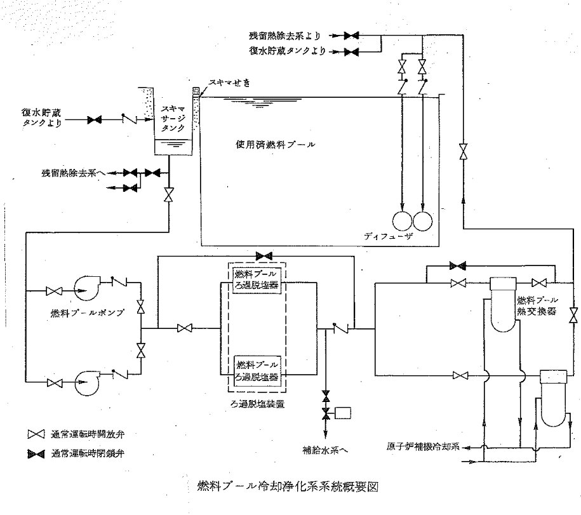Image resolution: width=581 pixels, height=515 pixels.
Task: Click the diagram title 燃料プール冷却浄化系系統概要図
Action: click(288, 487)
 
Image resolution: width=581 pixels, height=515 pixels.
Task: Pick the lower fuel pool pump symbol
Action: click(87, 382)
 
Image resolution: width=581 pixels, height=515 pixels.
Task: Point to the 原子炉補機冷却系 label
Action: click(424, 444)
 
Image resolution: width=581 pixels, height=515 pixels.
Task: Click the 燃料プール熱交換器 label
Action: click(537, 305)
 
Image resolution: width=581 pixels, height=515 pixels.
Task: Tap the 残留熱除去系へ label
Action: click(70, 172)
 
